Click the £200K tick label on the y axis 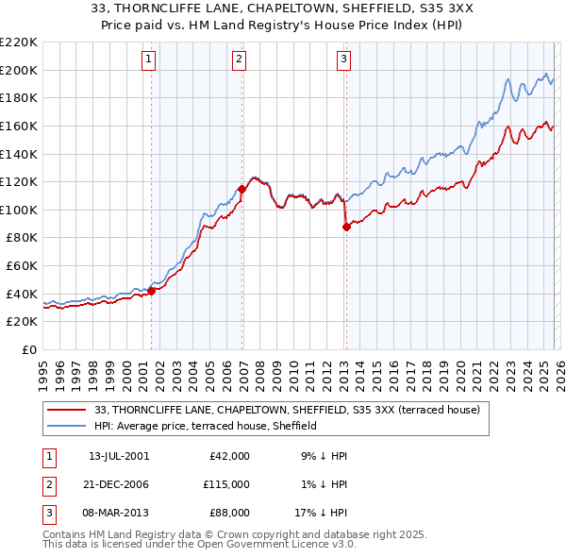(x=19, y=70)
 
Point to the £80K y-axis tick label (x=22, y=238)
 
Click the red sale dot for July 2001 (x=151, y=291)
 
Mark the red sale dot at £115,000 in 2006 (x=241, y=189)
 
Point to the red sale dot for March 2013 (x=346, y=226)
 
